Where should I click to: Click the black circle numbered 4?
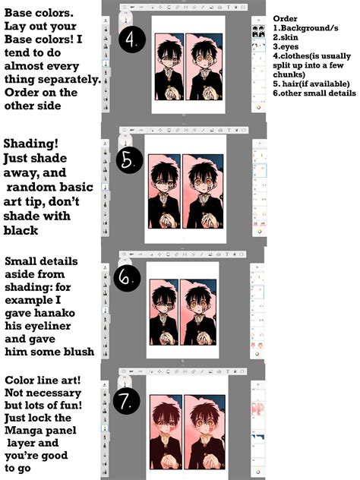(x=131, y=39)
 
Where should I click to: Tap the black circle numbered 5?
(x=130, y=159)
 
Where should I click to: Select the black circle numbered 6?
(x=127, y=277)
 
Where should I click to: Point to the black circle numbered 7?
(x=126, y=399)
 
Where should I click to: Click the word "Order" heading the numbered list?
(x=285, y=19)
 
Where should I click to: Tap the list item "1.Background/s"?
(x=305, y=28)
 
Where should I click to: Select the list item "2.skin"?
(x=286, y=37)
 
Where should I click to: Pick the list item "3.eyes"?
(x=286, y=47)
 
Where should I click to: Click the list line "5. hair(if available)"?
(x=311, y=84)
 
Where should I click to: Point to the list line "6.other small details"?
(x=314, y=93)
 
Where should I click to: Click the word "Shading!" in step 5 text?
(x=30, y=144)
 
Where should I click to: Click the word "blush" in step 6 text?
(x=79, y=352)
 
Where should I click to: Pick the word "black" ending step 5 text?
(x=21, y=231)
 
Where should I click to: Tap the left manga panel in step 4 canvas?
(x=169, y=67)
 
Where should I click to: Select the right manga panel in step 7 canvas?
(x=205, y=432)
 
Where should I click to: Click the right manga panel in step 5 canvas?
(x=203, y=191)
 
